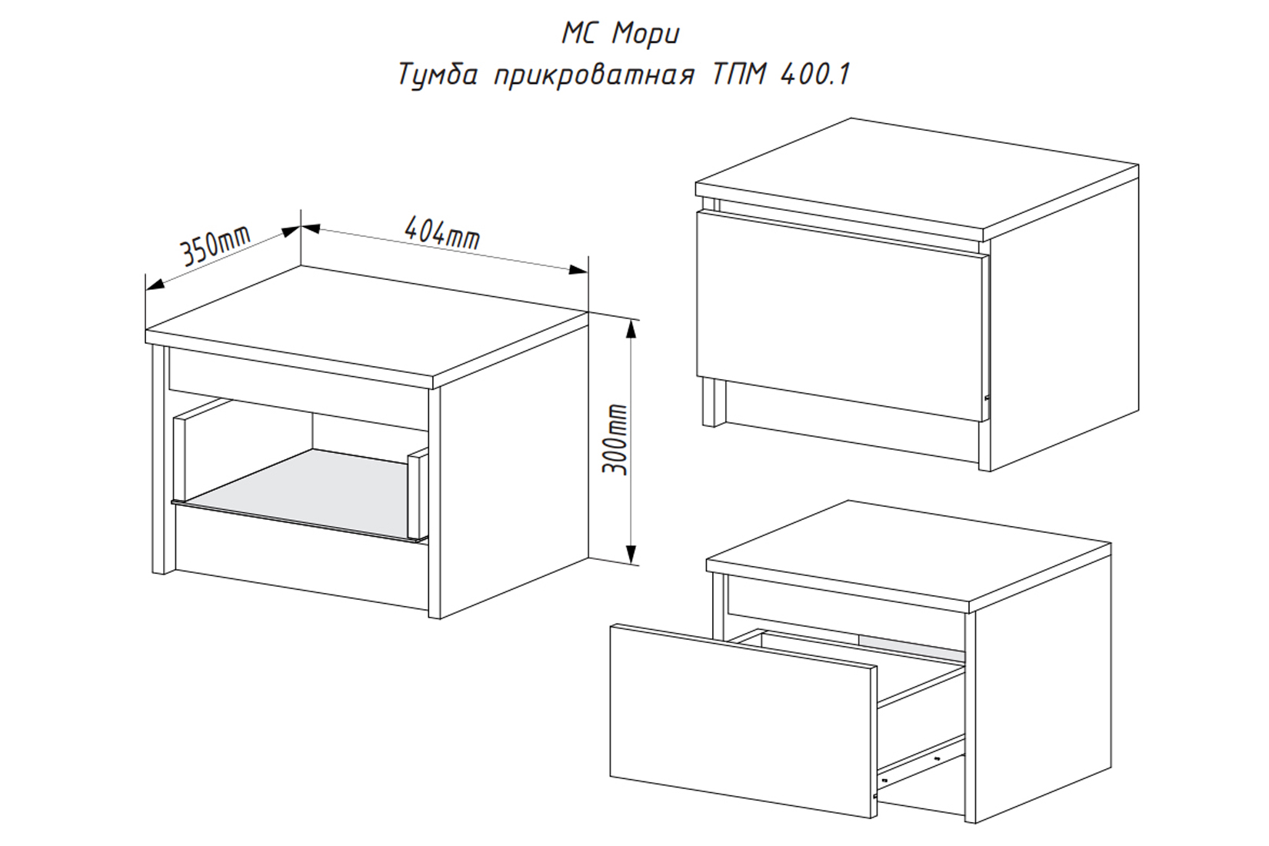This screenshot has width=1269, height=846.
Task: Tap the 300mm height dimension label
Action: coord(615,439)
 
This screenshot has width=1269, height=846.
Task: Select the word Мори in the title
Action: coord(646,35)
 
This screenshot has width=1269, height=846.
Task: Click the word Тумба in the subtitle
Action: coord(438,75)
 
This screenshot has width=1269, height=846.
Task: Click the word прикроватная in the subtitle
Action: coord(593,76)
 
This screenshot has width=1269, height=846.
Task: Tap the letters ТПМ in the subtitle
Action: coord(737,75)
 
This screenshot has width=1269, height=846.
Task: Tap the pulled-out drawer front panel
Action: coord(743,720)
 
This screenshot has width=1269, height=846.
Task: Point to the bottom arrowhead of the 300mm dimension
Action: coord(631,553)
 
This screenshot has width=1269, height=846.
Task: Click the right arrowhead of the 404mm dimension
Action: coord(578,269)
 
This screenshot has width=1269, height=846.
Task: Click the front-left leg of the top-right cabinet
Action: coord(712,401)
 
